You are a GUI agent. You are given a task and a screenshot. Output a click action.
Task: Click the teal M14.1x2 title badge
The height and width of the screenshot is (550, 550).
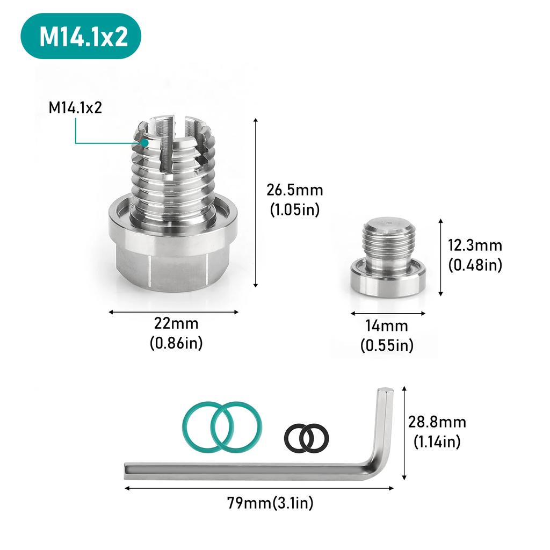click(81, 37)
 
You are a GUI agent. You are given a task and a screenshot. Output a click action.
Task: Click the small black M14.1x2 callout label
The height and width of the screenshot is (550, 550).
click(75, 107)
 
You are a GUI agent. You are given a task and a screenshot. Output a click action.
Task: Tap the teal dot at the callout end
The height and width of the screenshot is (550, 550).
click(146, 143)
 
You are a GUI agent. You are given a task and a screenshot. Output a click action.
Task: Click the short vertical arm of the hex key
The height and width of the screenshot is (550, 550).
click(385, 424)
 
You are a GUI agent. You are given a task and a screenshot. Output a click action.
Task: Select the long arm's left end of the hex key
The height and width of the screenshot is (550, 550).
click(132, 471)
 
